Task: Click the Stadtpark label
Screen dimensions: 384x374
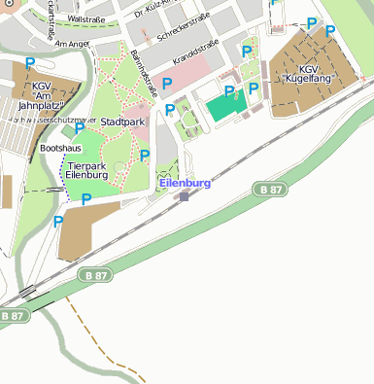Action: tap(122, 122)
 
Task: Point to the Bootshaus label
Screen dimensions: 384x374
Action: tap(60, 148)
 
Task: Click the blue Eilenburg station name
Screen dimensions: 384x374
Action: tap(184, 182)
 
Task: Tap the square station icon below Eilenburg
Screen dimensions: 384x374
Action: tap(185, 196)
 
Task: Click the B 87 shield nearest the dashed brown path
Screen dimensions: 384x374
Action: tap(95, 276)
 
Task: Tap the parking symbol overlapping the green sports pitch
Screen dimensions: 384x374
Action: tap(230, 91)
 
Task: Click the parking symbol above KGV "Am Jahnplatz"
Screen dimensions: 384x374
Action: tap(30, 64)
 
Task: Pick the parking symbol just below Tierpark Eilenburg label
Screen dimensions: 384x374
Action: tap(86, 199)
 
